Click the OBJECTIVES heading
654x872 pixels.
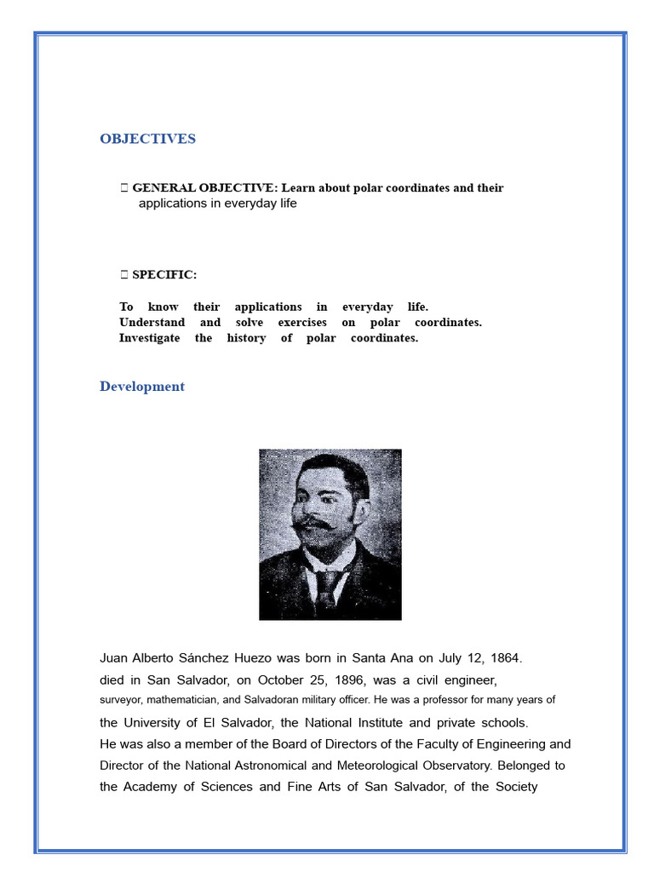point(147,139)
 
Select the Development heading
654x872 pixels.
point(141,387)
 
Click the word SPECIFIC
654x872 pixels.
point(163,274)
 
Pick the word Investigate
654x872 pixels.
point(149,338)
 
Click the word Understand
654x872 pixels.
point(152,323)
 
